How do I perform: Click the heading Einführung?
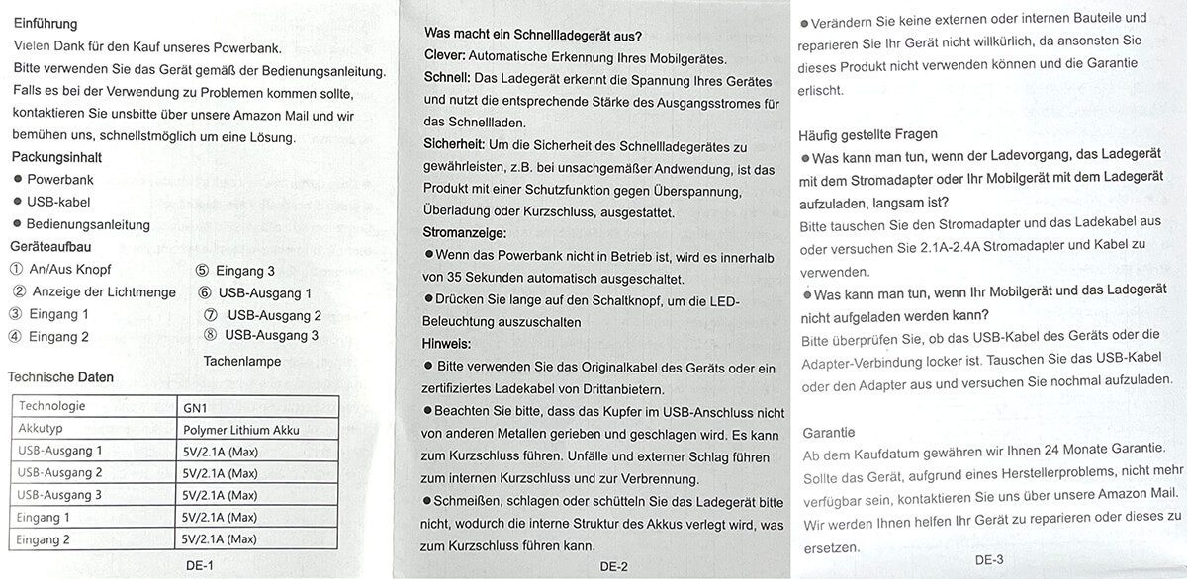click(46, 23)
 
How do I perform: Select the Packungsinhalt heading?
click(56, 157)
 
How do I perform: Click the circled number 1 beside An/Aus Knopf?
click(16, 269)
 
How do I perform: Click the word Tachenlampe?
click(242, 361)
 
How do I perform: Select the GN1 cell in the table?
click(198, 405)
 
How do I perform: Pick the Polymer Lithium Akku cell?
click(240, 429)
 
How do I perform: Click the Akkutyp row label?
click(41, 429)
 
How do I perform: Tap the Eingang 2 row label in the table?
click(45, 539)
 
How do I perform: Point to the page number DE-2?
click(613, 566)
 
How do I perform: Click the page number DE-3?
click(988, 560)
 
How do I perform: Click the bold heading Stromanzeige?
click(465, 233)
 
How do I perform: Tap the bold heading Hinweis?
click(448, 344)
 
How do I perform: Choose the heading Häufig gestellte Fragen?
click(868, 134)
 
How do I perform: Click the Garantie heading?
click(829, 433)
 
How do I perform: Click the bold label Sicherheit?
click(454, 144)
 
